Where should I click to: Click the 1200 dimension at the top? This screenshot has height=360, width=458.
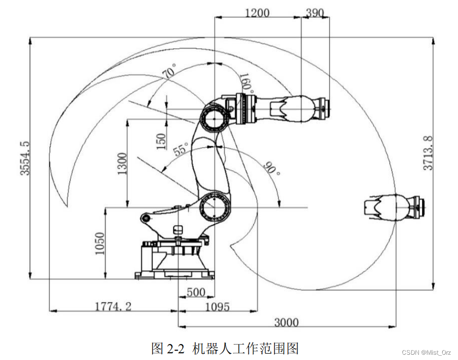[257, 13]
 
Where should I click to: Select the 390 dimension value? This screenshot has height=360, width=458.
[314, 13]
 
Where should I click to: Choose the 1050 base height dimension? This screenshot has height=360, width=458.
[99, 244]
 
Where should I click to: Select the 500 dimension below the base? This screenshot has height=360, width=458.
[196, 292]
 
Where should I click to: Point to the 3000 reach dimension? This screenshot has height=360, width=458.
[286, 322]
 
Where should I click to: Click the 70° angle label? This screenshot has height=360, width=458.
[169, 73]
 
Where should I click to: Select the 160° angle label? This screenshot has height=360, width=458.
[246, 83]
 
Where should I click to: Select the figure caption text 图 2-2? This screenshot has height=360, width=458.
[168, 348]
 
